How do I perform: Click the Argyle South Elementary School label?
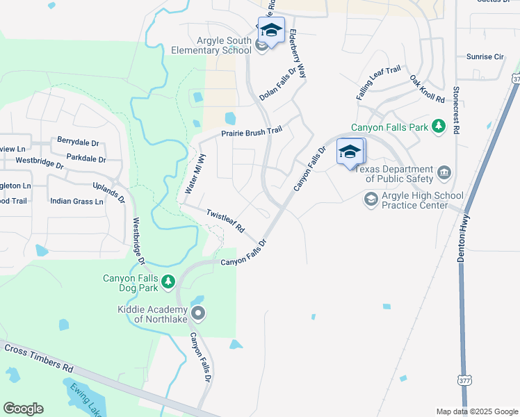click(211, 45)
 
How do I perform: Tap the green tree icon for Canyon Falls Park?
click(439, 126)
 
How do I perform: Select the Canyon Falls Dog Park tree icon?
click(168, 282)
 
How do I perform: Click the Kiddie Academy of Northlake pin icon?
click(198, 313)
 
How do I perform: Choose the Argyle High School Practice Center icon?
click(371, 199)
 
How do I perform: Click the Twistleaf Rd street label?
click(226, 220)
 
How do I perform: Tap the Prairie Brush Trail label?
click(252, 132)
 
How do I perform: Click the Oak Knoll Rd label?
click(427, 90)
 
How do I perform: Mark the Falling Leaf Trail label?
click(379, 83)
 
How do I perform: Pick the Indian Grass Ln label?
click(76, 202)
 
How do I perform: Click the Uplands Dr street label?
click(108, 194)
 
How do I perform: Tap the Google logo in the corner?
click(23, 409)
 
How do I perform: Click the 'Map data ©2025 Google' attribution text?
click(477, 411)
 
